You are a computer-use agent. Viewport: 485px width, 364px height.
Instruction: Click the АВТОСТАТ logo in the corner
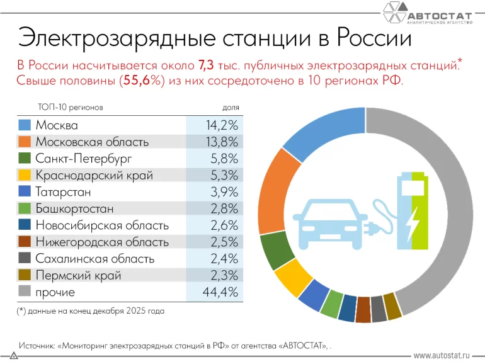[x=428, y=14]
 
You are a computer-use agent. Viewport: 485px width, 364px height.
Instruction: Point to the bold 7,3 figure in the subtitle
[x=207, y=65]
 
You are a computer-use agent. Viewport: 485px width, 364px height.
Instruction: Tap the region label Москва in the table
[x=57, y=125]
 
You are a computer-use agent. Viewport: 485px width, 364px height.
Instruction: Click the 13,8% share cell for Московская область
[x=222, y=142]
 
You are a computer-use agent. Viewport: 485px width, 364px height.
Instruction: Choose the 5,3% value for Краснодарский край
[x=225, y=175]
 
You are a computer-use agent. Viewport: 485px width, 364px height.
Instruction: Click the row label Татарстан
[x=63, y=192]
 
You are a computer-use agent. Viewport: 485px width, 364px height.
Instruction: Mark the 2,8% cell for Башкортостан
[x=225, y=208]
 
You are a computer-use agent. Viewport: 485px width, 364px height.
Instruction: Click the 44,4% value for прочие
[x=221, y=292]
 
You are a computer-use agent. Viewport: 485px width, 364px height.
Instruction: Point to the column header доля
[x=231, y=108]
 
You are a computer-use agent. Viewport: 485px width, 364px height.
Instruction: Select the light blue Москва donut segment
[x=328, y=133]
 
